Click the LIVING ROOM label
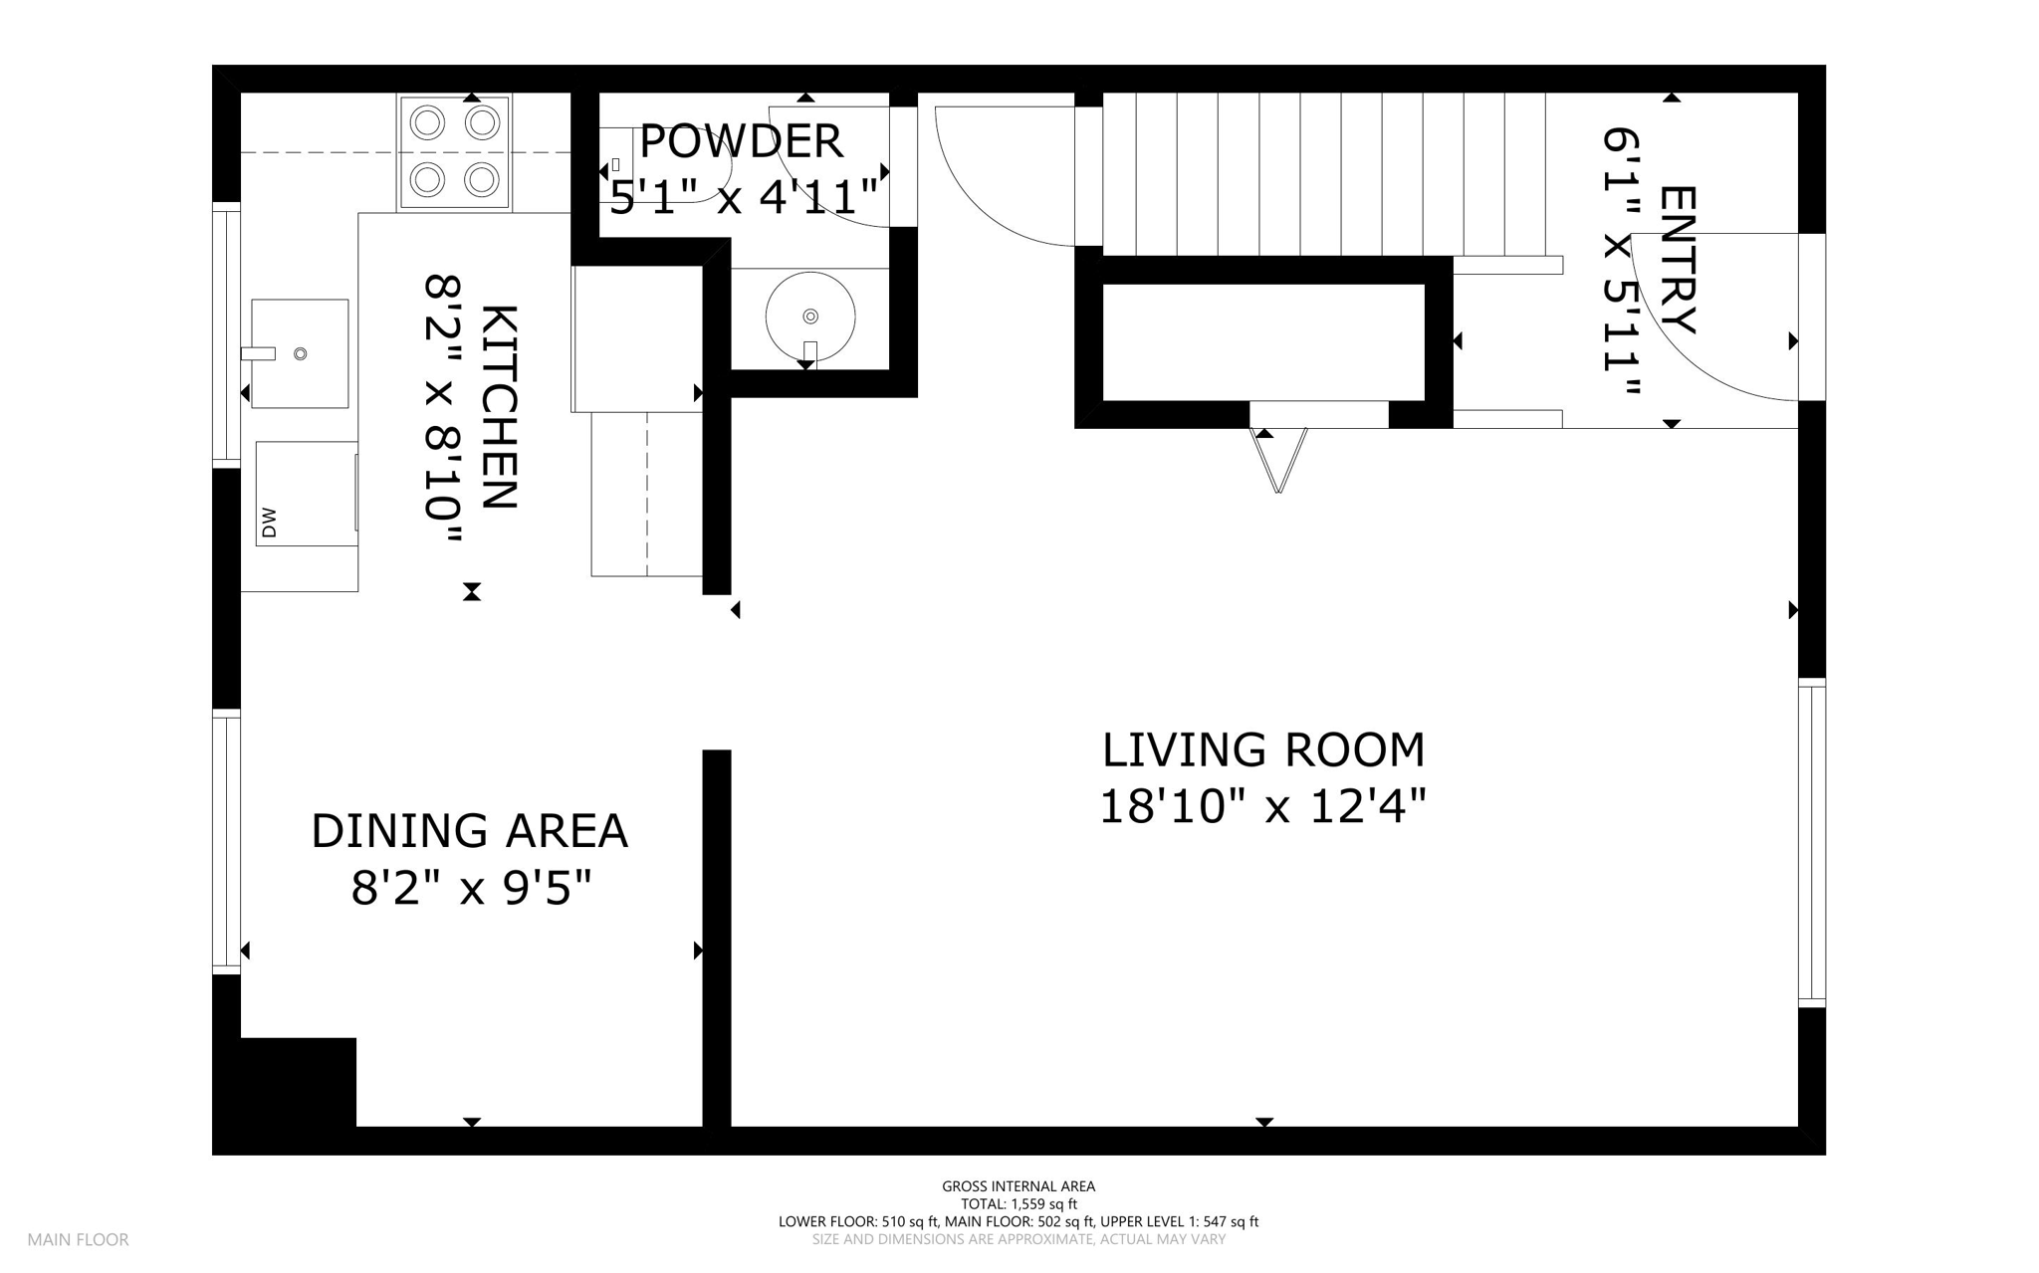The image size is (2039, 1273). [1263, 750]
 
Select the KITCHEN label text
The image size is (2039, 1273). [499, 407]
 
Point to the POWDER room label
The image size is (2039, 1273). [741, 141]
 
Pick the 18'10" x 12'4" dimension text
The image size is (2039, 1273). [1262, 807]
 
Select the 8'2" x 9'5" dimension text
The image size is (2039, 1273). [471, 888]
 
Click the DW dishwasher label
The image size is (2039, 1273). [268, 524]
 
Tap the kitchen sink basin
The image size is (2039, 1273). [300, 353]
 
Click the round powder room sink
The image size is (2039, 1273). [810, 317]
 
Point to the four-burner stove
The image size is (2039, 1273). [455, 152]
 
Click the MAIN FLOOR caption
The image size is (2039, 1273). [78, 1240]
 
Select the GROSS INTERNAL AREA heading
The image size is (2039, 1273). [1019, 1186]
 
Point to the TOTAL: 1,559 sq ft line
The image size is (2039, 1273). [1019, 1204]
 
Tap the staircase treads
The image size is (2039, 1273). [1324, 169]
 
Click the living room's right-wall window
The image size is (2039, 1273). [1812, 842]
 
